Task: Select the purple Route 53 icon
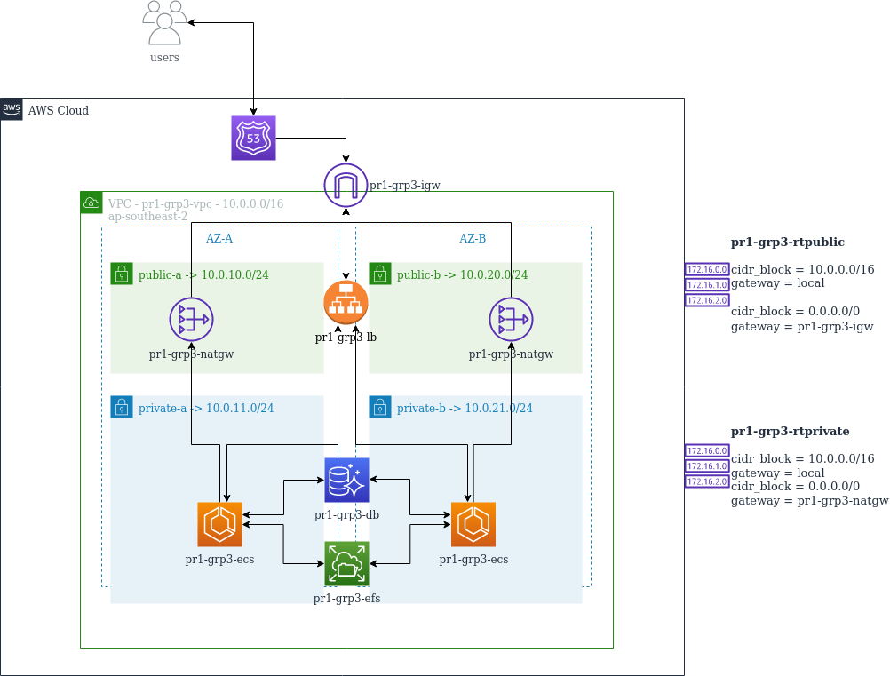[x=253, y=139]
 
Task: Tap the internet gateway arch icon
[x=346, y=185]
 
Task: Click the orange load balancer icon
[x=346, y=302]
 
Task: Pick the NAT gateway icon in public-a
[x=191, y=317]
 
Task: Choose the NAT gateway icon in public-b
[x=511, y=317]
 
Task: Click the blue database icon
[x=346, y=481]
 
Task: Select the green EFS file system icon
[x=346, y=563]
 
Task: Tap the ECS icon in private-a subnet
[x=219, y=525]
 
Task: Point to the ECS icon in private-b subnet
[x=473, y=525]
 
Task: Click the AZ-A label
[x=219, y=239]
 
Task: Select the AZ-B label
[x=473, y=239]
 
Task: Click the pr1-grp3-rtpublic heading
[x=787, y=242]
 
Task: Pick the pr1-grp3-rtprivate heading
[x=790, y=432]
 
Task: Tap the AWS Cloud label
[x=58, y=110]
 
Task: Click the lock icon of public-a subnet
[x=122, y=274]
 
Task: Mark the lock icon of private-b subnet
[x=380, y=407]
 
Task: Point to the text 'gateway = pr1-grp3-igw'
[x=801, y=327]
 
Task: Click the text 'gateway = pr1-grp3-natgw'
[x=809, y=501]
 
